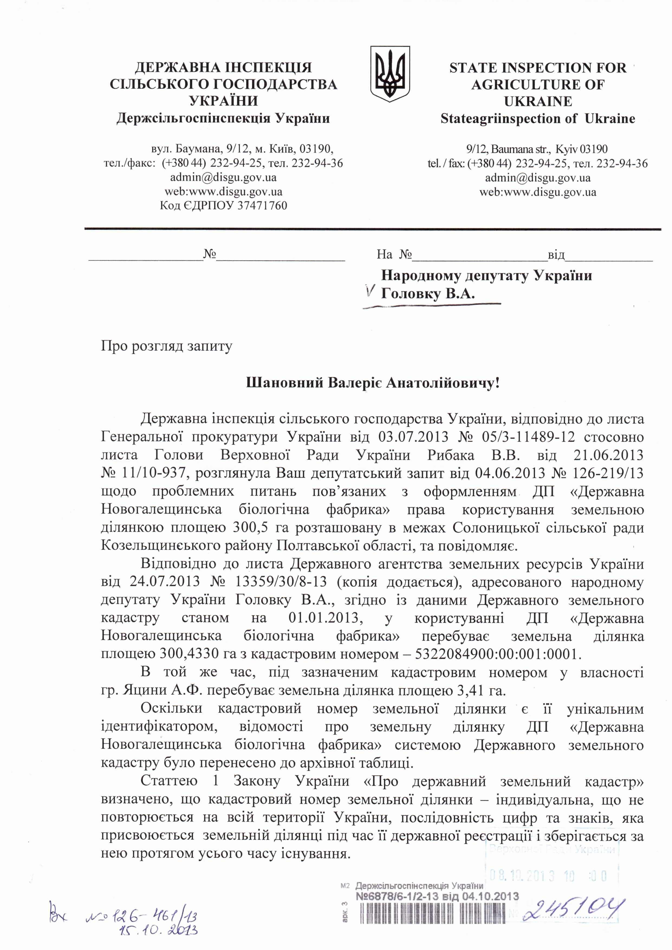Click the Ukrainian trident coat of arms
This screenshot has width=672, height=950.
click(389, 74)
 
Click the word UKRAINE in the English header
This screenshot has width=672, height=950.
click(538, 101)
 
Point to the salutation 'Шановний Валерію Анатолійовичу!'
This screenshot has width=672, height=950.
click(373, 383)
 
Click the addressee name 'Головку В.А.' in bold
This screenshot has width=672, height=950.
click(428, 294)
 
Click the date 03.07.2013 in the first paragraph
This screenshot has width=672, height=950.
click(413, 437)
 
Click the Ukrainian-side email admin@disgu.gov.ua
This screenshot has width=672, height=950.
click(223, 178)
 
